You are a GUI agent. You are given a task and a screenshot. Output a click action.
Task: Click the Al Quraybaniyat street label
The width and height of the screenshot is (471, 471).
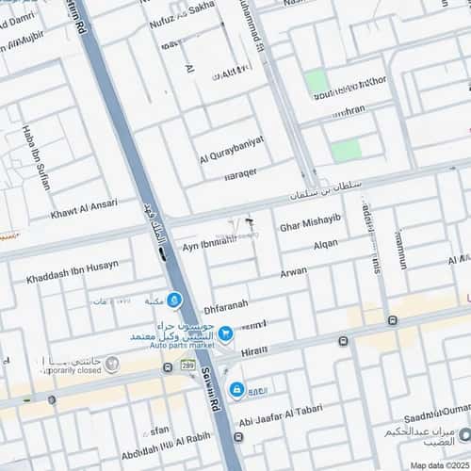[x=232, y=150]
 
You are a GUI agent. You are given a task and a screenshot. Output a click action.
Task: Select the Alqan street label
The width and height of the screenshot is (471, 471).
[x=325, y=244]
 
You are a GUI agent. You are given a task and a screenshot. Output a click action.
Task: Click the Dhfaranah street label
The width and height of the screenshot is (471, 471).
[x=226, y=305]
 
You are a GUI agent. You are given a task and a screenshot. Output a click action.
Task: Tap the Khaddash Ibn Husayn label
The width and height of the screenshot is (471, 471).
[x=73, y=265]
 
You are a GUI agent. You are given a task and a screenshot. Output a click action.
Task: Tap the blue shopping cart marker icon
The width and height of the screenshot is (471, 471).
[x=226, y=333]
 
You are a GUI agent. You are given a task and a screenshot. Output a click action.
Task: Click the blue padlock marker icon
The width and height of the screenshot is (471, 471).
[x=236, y=388]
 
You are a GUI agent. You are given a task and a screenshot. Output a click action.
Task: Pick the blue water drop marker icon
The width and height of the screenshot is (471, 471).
[x=175, y=300]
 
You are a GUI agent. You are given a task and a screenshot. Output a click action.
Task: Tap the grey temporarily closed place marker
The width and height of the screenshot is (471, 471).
[x=112, y=363]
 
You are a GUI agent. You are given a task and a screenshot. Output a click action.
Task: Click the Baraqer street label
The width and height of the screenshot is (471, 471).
[x=247, y=175]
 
